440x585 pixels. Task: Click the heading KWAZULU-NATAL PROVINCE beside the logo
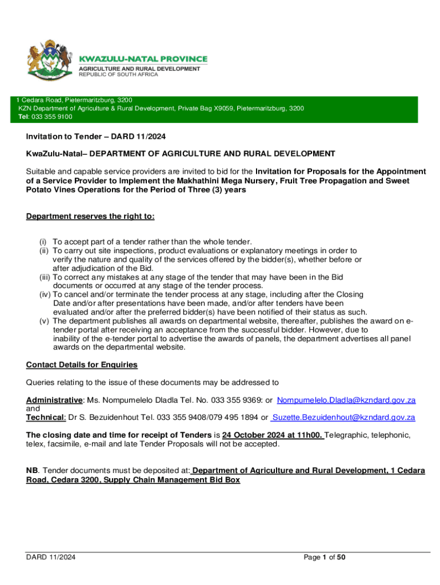[143, 59]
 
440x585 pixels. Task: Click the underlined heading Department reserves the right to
[90, 217]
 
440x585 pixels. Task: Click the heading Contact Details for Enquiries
[82, 365]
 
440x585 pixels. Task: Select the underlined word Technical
[46, 418]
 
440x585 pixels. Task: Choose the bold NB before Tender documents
[32, 470]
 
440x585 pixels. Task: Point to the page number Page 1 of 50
[325, 558]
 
